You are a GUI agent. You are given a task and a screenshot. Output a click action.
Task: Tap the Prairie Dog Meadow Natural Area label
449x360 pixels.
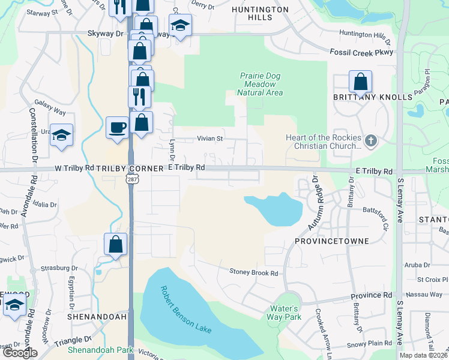click(261, 84)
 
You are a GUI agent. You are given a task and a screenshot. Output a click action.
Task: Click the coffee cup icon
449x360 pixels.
click(116, 127)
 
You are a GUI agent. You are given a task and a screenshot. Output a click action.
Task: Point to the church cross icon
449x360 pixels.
click(371, 142)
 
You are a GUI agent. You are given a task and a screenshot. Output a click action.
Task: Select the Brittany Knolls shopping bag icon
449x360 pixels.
click(360, 81)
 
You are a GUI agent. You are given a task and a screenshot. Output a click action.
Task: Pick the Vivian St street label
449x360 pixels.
click(210, 139)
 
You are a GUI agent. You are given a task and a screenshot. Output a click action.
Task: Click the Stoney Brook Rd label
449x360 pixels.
click(254, 272)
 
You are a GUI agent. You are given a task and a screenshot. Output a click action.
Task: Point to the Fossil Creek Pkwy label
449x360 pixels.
click(361, 53)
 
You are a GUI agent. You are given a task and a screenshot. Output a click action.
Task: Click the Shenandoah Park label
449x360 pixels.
click(109, 350)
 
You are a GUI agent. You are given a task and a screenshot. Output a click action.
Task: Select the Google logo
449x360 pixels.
click(19, 353)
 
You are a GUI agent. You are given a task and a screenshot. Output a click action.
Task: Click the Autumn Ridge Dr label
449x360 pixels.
click(319, 203)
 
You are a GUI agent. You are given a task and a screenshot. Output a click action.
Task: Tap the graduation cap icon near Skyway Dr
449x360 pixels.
click(179, 25)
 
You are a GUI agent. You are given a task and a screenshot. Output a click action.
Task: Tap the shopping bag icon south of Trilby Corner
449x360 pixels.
click(115, 244)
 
